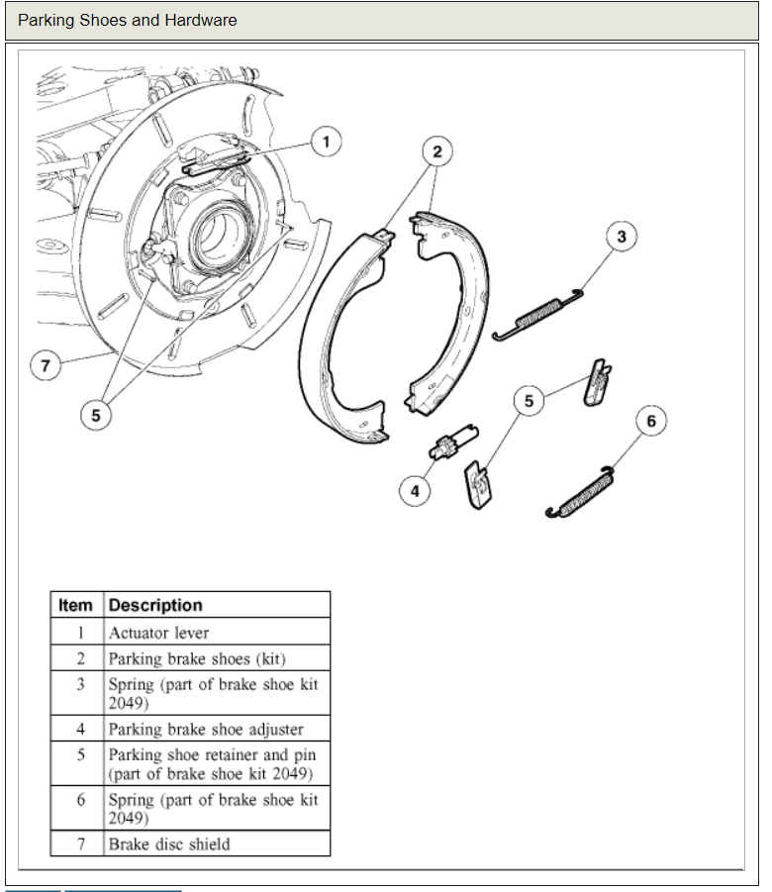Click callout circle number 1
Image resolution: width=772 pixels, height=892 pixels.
326,143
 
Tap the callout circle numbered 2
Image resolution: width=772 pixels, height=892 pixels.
436,151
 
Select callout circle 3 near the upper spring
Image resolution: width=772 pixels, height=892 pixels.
621,237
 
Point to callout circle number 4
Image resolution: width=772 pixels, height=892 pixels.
416,490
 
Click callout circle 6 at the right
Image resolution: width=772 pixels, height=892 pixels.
650,421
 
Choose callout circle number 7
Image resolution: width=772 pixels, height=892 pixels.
45,366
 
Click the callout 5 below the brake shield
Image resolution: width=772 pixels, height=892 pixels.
96,416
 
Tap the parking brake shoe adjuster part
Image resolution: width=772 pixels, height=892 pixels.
453,442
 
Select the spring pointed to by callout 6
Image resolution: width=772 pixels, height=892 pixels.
585,492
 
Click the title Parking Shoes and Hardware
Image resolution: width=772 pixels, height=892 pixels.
128,20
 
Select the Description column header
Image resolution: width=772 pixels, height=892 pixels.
155,605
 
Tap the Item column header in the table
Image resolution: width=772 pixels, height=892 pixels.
76,605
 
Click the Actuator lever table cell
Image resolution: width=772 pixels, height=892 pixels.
159,633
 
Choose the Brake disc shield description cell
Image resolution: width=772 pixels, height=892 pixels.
169,844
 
